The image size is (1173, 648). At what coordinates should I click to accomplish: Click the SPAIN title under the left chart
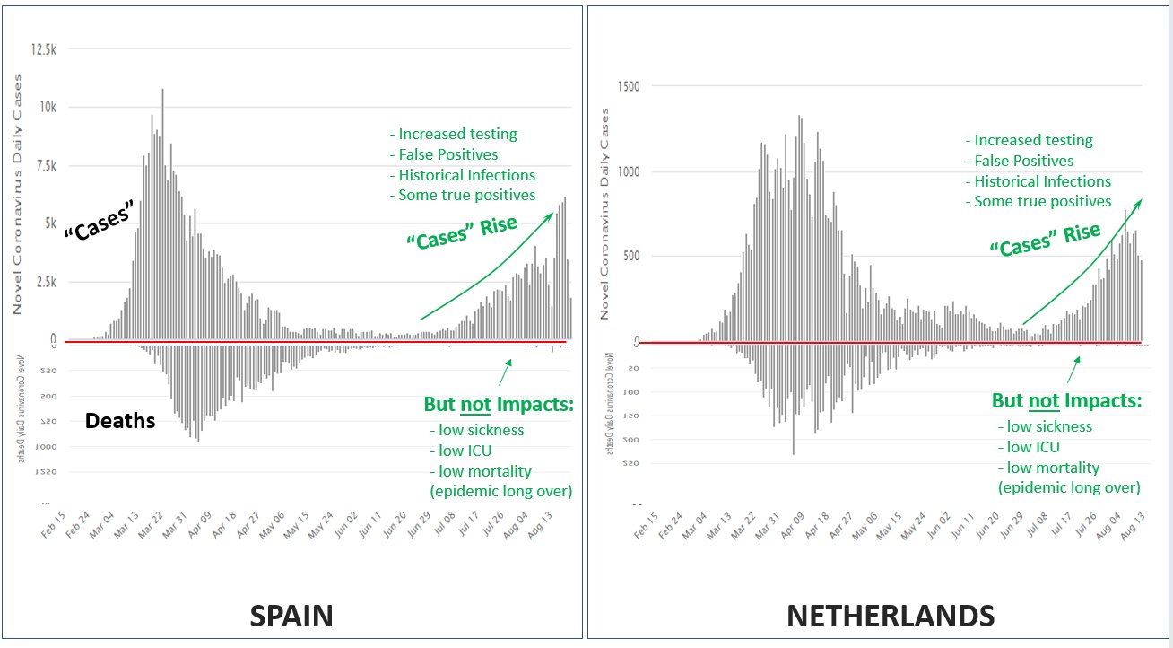(x=291, y=616)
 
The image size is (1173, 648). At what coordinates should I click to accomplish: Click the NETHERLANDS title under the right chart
(x=890, y=616)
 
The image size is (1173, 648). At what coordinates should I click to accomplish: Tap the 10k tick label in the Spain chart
(x=45, y=107)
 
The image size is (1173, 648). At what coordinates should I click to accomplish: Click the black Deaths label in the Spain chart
(x=120, y=420)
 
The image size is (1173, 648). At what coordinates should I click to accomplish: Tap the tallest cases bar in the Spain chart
(x=162, y=214)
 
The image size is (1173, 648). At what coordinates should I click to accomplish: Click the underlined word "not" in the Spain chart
(x=475, y=405)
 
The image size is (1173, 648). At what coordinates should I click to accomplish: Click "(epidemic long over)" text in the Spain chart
(x=500, y=490)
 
